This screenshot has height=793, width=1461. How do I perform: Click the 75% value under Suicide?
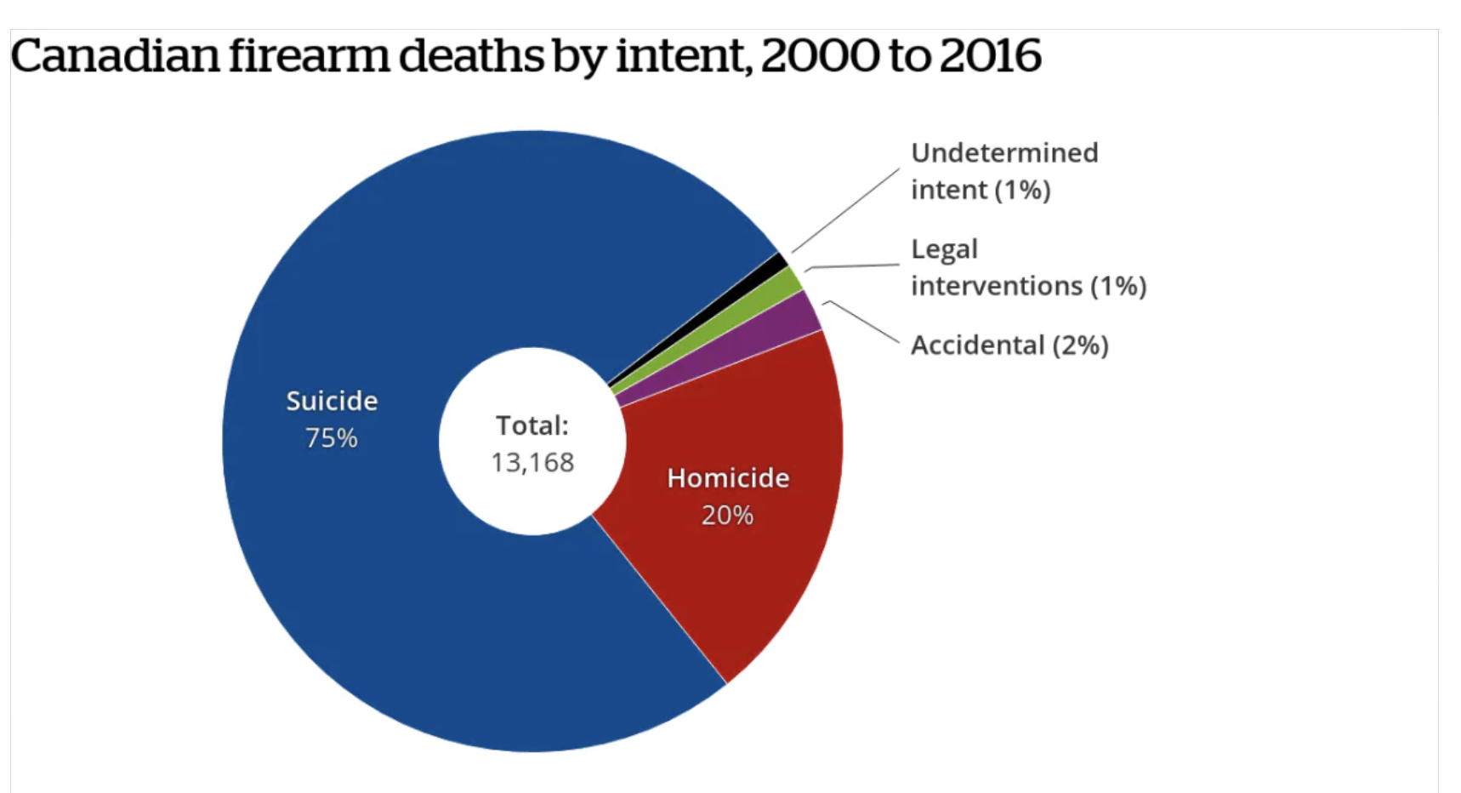click(331, 438)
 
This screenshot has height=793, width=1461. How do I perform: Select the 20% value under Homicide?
click(727, 516)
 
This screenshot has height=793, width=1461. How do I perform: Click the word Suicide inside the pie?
click(332, 401)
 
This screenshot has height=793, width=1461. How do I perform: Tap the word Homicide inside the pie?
click(728, 478)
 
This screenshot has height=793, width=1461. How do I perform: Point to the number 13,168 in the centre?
click(532, 463)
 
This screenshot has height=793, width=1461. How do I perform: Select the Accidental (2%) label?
click(1009, 345)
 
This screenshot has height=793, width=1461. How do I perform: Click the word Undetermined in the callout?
click(1004, 153)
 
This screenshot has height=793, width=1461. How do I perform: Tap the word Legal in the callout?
click(944, 249)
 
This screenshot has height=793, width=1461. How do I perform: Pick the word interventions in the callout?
click(996, 286)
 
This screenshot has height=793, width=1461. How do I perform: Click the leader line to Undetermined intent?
click(845, 210)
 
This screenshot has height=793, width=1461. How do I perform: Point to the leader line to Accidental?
click(861, 321)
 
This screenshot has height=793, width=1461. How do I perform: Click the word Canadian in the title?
click(115, 56)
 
